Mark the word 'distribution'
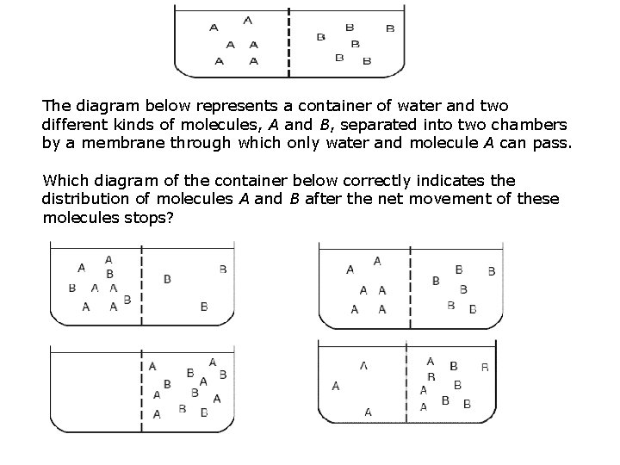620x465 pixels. (x=84, y=199)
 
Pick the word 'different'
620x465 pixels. (x=75, y=125)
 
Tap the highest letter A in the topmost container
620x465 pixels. (x=248, y=19)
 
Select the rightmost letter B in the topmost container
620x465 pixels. (x=390, y=28)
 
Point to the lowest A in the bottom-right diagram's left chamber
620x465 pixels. (x=368, y=412)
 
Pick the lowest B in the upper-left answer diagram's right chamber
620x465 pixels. (x=203, y=306)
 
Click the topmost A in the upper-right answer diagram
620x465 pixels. (x=377, y=260)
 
